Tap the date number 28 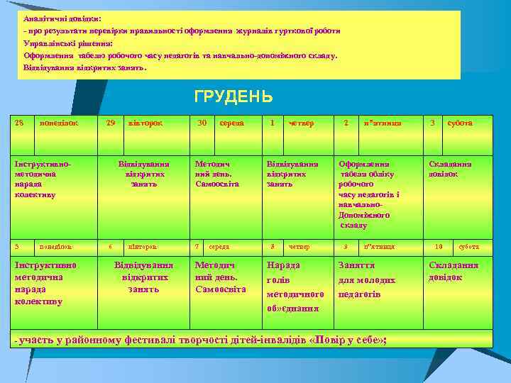20,123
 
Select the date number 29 110,123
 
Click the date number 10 439,247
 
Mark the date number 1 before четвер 273,123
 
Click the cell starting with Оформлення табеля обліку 368,194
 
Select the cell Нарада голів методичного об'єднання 295,287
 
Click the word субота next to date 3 459,123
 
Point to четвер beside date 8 301,247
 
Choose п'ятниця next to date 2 382,123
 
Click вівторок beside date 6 142,247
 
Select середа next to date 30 231,123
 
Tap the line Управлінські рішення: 67,43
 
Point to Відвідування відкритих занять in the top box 84,69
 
